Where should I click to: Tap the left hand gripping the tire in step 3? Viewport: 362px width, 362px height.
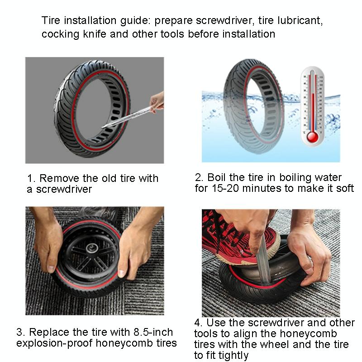point(48,244)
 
